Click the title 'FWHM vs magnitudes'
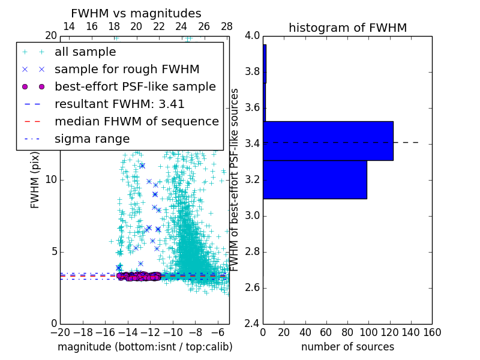(x=136, y=13)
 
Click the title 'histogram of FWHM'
(x=347, y=28)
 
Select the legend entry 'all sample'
(x=85, y=52)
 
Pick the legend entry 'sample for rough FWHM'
(x=127, y=69)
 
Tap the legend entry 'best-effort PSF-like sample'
(x=135, y=86)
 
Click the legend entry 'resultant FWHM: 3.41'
(x=119, y=104)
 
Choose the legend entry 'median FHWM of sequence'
(x=136, y=121)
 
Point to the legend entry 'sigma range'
(x=92, y=139)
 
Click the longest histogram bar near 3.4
(x=328, y=140)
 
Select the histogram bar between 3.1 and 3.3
(x=315, y=179)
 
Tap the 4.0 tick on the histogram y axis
(x=252, y=36)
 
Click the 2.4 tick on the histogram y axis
(x=252, y=323)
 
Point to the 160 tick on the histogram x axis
(x=431, y=332)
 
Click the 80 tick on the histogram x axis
(x=347, y=332)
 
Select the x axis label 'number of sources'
(x=347, y=347)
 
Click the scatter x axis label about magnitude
(x=145, y=347)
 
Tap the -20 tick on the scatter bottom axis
(x=60, y=332)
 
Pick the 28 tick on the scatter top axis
(x=227, y=26)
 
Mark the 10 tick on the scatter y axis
(x=50, y=179)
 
